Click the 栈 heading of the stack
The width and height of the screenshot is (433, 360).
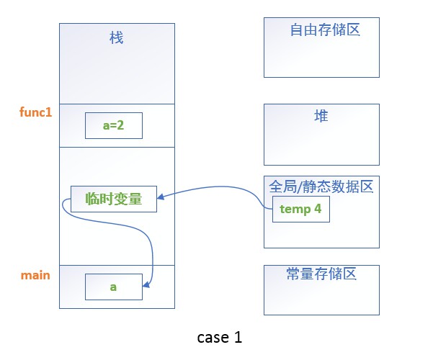pyautogui.click(x=116, y=38)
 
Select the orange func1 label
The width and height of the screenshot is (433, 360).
pyautogui.click(x=35, y=113)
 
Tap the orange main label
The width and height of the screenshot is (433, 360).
pyautogui.click(x=35, y=275)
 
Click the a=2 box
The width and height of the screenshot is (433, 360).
pyautogui.click(x=113, y=125)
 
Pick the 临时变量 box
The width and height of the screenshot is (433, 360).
pyautogui.click(x=113, y=199)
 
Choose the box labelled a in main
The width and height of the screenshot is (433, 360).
pyautogui.click(x=113, y=287)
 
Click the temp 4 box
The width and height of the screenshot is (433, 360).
pyautogui.click(x=300, y=210)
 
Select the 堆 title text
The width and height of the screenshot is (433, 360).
pyautogui.click(x=321, y=116)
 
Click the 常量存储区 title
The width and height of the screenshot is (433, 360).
pyautogui.click(x=321, y=274)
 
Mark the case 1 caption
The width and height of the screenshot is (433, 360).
pyautogui.click(x=219, y=337)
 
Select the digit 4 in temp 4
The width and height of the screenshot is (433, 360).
pyautogui.click(x=318, y=210)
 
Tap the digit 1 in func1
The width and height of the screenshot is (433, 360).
pyautogui.click(x=49, y=113)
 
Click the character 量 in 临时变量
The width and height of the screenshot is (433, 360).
pyautogui.click(x=148, y=199)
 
